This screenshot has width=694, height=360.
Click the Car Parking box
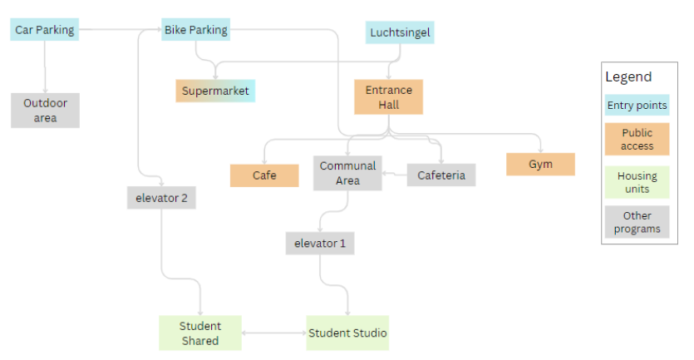45,31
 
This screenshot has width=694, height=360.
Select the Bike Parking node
195,31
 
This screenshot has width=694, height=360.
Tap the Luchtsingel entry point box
401,33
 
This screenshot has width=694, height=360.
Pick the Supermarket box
215,91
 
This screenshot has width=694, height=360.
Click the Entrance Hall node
388,97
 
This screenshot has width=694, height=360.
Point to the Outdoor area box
46,111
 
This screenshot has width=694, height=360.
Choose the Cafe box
264,175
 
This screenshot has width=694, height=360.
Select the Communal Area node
347,173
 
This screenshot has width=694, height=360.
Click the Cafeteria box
441,175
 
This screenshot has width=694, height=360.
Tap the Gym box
540,164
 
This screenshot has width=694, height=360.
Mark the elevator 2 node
161,198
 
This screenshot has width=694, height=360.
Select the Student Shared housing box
199,333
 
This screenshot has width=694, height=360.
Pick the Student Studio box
347,333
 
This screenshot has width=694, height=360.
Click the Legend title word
628,77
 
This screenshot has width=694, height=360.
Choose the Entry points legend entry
637,106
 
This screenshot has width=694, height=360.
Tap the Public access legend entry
637,140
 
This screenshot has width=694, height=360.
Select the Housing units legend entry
637,183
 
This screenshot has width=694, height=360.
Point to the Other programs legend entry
637,222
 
